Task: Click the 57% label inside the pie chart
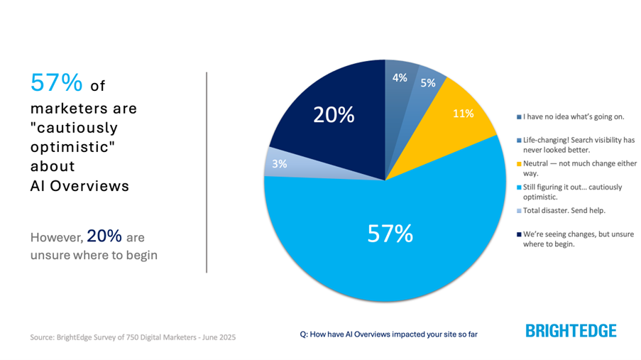tap(390, 234)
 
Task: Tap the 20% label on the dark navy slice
tap(332, 115)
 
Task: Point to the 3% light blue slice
tap(278, 163)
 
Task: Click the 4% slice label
tap(400, 78)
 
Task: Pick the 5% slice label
tap(427, 83)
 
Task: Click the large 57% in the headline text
tap(57, 84)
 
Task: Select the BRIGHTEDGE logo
tap(571, 331)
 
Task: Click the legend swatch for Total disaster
tap(519, 211)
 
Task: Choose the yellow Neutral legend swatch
tap(519, 163)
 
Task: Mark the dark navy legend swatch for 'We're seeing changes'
tap(519, 234)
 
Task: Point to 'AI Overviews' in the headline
tap(80, 186)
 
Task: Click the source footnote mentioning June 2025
tap(133, 336)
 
